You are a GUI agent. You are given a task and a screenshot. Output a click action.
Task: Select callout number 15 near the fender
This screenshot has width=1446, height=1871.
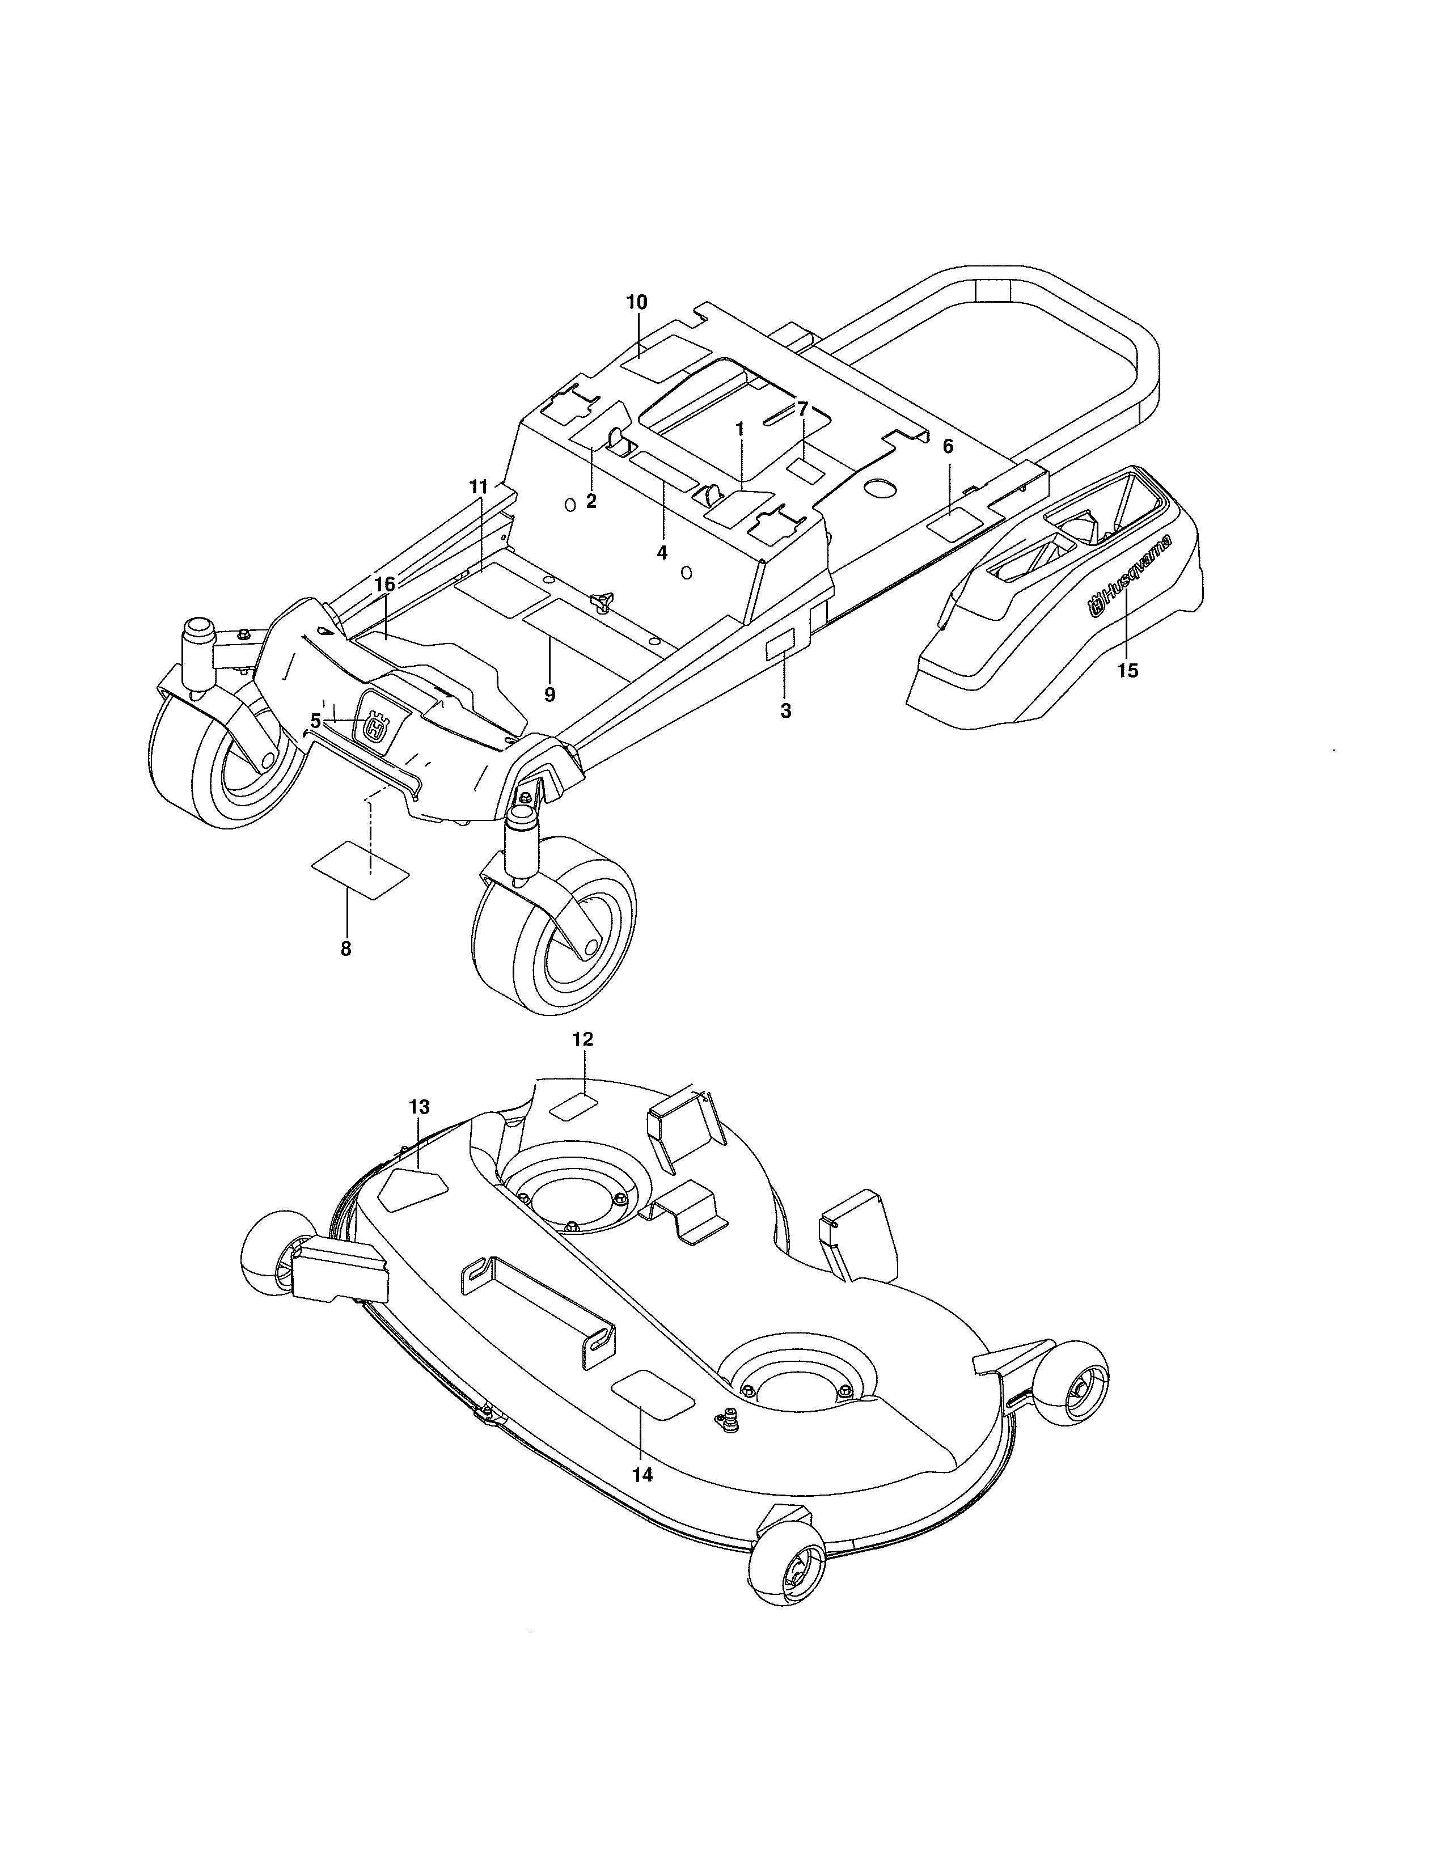coord(1128,671)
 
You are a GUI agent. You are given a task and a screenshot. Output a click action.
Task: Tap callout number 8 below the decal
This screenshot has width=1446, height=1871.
coord(346,949)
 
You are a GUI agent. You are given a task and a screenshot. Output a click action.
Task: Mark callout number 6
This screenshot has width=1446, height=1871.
coord(948,446)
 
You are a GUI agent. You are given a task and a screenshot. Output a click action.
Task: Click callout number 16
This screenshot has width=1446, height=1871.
coord(384,584)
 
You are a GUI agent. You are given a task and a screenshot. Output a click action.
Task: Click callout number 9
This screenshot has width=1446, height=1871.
coord(549,695)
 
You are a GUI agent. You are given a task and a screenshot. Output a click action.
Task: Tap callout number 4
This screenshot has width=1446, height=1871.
coord(661,553)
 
